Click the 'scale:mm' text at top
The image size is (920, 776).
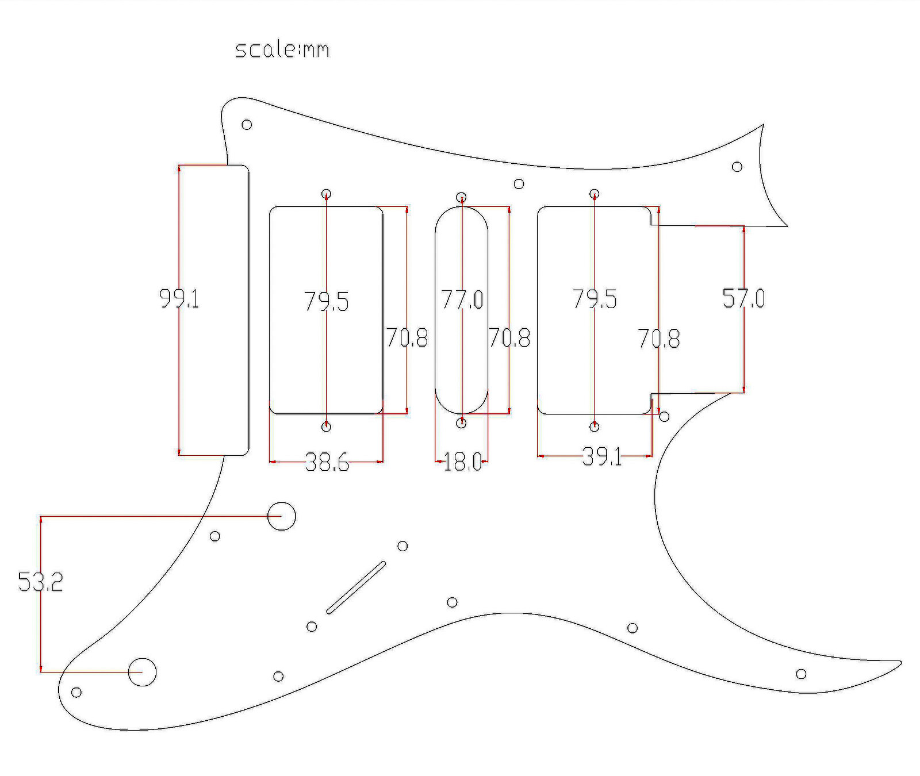pos(282,49)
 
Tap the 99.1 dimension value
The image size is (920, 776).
pos(179,299)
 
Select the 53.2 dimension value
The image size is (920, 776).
pos(40,582)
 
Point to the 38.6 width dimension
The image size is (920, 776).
pos(327,462)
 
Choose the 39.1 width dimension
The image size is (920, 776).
pos(601,457)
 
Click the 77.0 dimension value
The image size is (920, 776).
pos(462,299)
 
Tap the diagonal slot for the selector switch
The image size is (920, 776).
pos(356,587)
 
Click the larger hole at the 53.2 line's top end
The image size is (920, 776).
pos(282,516)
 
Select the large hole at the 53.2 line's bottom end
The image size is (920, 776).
pos(142,671)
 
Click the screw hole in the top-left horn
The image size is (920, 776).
pos(247,124)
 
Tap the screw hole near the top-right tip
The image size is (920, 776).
pos(737,167)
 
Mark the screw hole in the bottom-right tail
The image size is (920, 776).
pos(801,674)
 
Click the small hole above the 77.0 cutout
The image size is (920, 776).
pos(461,198)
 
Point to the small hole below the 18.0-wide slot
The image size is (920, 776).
pos(461,423)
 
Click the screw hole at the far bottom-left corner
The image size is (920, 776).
pos(76,692)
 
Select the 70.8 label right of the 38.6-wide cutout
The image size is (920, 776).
pos(407,338)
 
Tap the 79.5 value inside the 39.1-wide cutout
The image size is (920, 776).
pos(595,299)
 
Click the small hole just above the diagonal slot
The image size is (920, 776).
pos(402,546)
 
